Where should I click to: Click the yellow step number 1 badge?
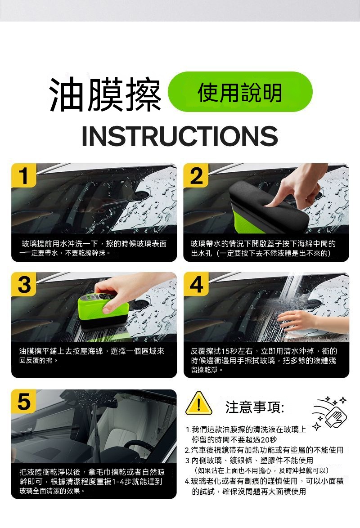23,175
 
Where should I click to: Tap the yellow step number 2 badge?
196,175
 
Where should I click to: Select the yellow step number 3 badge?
23,284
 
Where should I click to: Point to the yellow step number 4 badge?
196,284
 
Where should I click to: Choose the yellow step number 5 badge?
23,401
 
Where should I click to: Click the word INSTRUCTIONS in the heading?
180,136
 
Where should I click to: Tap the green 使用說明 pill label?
240,92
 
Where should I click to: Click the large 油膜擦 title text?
105,94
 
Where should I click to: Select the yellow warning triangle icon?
199,403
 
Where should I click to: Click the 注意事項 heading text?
255,407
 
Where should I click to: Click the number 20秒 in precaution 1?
269,439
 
